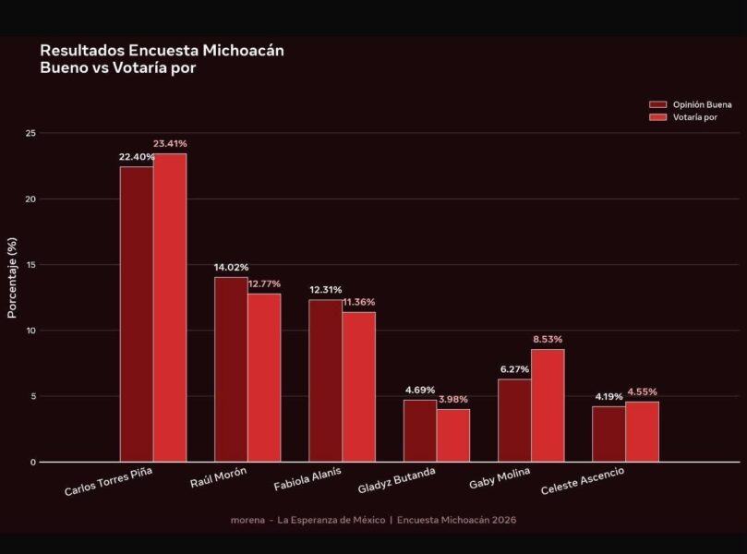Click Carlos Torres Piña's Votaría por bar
(x=170, y=307)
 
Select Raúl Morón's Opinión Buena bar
(x=231, y=369)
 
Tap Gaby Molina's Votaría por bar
(x=548, y=405)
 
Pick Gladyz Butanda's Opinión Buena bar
(x=420, y=430)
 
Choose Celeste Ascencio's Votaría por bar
(x=642, y=431)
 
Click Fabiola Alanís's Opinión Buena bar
(x=325, y=380)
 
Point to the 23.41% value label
(x=170, y=143)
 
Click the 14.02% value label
(x=231, y=267)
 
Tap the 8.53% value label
(x=548, y=339)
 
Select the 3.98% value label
(x=453, y=399)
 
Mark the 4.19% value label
(x=608, y=396)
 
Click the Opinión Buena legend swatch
(x=658, y=104)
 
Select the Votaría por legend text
(x=695, y=117)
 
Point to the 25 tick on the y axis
(x=30, y=133)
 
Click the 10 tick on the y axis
(x=30, y=331)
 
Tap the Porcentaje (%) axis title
(x=12, y=278)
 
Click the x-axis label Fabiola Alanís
(x=307, y=478)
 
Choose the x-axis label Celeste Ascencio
(x=583, y=481)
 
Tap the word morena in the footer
(x=247, y=520)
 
